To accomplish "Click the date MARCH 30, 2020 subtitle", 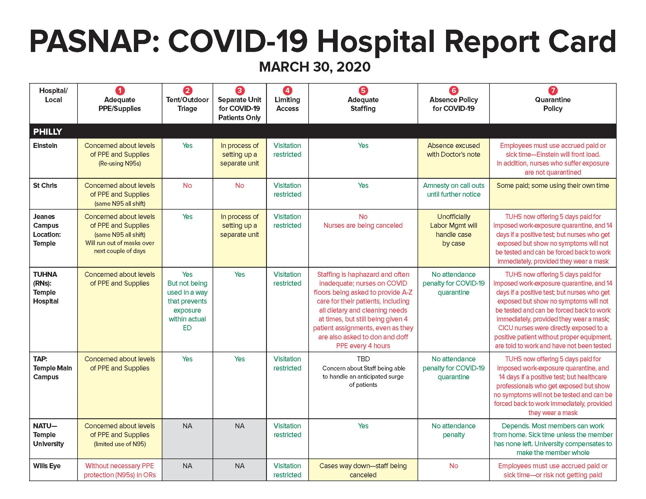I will pyautogui.click(x=314, y=67).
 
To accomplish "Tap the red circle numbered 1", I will pyautogui.click(x=120, y=90).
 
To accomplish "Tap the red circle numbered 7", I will pyautogui.click(x=553, y=90).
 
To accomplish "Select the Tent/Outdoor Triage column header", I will pyautogui.click(x=187, y=104).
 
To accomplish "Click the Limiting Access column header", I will pyautogui.click(x=287, y=104).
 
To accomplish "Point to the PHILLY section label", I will pyautogui.click(x=47, y=132).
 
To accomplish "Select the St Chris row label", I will pyautogui.click(x=45, y=185).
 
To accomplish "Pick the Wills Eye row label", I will pyautogui.click(x=47, y=466).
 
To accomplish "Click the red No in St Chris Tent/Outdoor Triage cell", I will pyautogui.click(x=187, y=185).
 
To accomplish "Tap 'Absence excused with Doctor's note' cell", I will pyautogui.click(x=453, y=150).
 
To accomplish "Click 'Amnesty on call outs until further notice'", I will pyautogui.click(x=453, y=190).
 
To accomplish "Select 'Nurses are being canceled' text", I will pyautogui.click(x=363, y=225).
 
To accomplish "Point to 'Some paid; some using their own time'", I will pyautogui.click(x=553, y=185).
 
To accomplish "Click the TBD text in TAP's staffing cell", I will pyautogui.click(x=363, y=359).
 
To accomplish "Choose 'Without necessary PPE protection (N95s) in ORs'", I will pyautogui.click(x=120, y=470).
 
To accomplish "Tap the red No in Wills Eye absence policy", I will pyautogui.click(x=453, y=466).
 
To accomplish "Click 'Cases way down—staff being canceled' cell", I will pyautogui.click(x=363, y=470).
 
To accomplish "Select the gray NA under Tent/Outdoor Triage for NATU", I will pyautogui.click(x=187, y=426).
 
